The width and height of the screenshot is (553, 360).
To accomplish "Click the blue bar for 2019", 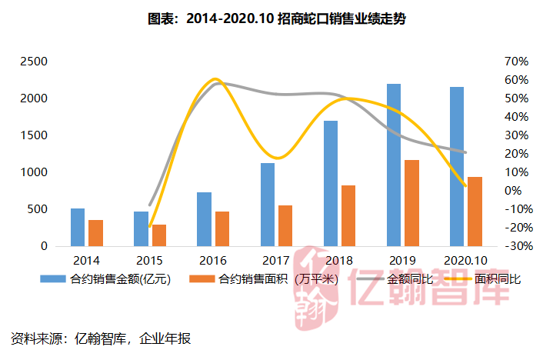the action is pyautogui.click(x=394, y=165).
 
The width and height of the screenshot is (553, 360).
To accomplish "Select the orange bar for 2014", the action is pyautogui.click(x=95, y=233).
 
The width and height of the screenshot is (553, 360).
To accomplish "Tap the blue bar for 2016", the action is pyautogui.click(x=204, y=219).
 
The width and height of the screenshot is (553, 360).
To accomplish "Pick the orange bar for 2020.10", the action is pyautogui.click(x=475, y=212).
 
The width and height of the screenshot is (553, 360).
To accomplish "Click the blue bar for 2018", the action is pyautogui.click(x=331, y=183).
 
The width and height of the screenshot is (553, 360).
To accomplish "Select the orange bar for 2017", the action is pyautogui.click(x=285, y=225).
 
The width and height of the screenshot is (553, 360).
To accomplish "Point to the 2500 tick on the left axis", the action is pyautogui.click(x=34, y=62).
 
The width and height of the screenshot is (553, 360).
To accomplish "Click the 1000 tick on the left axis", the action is pyautogui.click(x=34, y=172).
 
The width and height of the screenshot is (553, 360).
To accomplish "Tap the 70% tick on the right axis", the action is pyautogui.click(x=516, y=62).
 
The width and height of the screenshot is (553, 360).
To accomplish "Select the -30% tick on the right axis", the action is pyautogui.click(x=519, y=245).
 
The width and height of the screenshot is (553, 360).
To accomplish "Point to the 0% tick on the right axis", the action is pyautogui.click(x=513, y=191).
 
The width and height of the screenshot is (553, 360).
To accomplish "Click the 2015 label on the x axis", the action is pyautogui.click(x=149, y=261).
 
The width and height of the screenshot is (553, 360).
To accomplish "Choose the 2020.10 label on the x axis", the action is pyautogui.click(x=465, y=261).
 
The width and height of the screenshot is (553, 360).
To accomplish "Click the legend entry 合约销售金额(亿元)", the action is pyautogui.click(x=105, y=279).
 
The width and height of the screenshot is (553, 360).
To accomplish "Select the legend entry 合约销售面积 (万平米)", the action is pyautogui.click(x=264, y=279).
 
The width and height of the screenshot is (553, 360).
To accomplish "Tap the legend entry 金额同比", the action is pyautogui.click(x=395, y=279).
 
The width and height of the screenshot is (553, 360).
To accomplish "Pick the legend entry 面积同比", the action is pyautogui.click(x=482, y=279).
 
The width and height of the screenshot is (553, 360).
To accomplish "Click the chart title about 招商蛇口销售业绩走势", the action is pyautogui.click(x=277, y=18).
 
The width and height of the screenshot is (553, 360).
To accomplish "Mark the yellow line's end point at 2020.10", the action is pyautogui.click(x=465, y=186).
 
